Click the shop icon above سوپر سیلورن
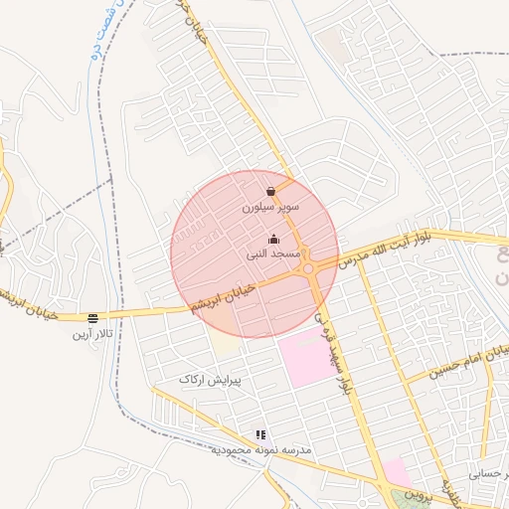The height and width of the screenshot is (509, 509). pos(271,192)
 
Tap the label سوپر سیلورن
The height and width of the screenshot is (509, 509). pos(271,209)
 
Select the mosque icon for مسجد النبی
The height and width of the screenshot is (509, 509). pos(274,239)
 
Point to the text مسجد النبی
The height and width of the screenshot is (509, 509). pos(274,254)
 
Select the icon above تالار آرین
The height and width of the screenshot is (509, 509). pos(92,318)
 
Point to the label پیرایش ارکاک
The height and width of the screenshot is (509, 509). pos(210,380)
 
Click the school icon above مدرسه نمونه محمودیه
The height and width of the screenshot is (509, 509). pos(260,434)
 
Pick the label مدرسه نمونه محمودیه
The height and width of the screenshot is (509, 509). pos(260,450)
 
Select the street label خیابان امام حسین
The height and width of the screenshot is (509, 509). pos(469,362)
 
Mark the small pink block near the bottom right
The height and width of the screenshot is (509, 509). pos(396,471)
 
